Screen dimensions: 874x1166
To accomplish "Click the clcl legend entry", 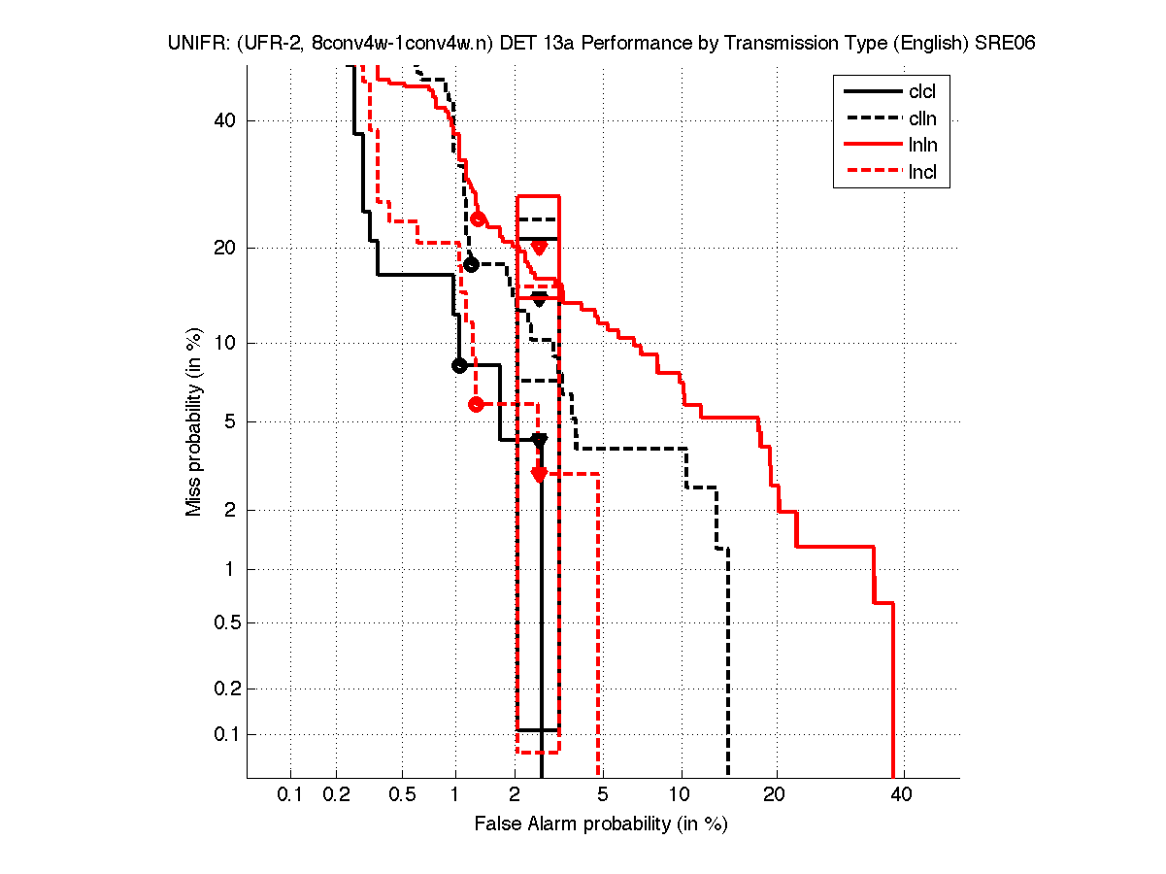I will tap(921, 92).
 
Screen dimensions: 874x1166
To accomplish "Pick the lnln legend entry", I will tap(921, 146).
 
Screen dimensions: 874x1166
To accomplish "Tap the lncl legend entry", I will tap(921, 173).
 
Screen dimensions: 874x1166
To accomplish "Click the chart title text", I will tap(594, 44).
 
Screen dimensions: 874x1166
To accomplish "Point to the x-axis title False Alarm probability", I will tap(601, 824).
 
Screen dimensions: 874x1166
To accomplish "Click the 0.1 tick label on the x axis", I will tap(290, 795).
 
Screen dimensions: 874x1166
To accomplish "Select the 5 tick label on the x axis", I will tap(603, 795).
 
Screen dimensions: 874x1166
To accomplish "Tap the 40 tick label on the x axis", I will tap(902, 795).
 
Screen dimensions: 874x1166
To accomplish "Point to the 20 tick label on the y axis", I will tap(224, 248).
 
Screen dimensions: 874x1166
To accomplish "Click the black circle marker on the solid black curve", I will tap(460, 366).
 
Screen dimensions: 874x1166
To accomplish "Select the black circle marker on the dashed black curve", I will tap(472, 264).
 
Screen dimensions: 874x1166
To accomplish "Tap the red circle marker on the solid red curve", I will tap(478, 218).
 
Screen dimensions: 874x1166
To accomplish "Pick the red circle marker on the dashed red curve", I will tap(476, 404).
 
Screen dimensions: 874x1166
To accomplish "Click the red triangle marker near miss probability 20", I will tap(540, 248).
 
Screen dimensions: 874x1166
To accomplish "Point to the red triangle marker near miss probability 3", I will tap(540, 474).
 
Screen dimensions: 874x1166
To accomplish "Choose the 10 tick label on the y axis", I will tap(224, 343).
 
